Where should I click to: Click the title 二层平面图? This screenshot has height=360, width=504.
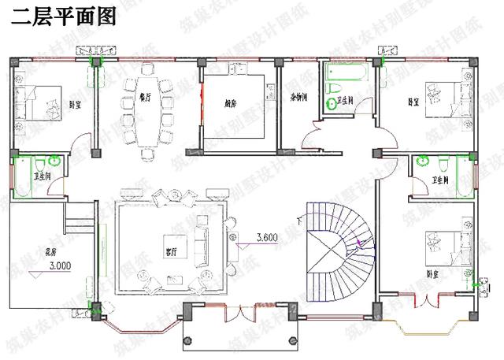(x=64, y=18)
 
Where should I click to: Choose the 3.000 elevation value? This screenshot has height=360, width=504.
(x=59, y=266)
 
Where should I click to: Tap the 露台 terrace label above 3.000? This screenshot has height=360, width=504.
(x=50, y=252)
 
